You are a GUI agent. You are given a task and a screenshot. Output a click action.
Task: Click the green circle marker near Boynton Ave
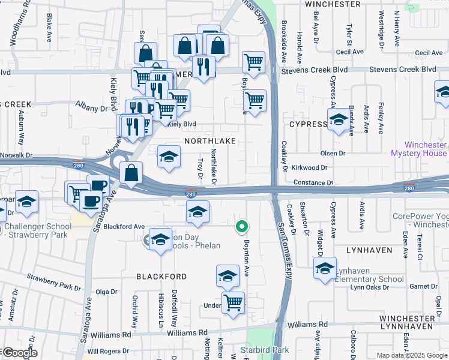(x=241, y=226)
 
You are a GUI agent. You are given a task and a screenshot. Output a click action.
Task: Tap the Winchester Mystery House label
(x=418, y=149)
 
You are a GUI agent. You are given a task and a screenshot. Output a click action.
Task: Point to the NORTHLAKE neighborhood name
(x=210, y=140)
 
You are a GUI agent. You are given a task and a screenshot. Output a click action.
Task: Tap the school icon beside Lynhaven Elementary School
(x=325, y=267)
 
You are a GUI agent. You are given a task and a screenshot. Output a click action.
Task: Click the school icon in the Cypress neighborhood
(x=338, y=119)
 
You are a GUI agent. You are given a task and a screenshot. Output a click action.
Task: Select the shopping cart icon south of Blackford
(x=233, y=302)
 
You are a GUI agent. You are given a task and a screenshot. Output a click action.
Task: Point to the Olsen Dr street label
(x=333, y=154)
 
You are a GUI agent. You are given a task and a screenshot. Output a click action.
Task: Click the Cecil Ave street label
(x=351, y=52)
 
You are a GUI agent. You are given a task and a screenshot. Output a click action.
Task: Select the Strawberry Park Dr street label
(x=54, y=280)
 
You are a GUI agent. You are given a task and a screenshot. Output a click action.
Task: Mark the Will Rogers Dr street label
(x=109, y=351)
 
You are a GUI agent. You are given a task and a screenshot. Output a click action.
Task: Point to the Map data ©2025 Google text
(x=412, y=355)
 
